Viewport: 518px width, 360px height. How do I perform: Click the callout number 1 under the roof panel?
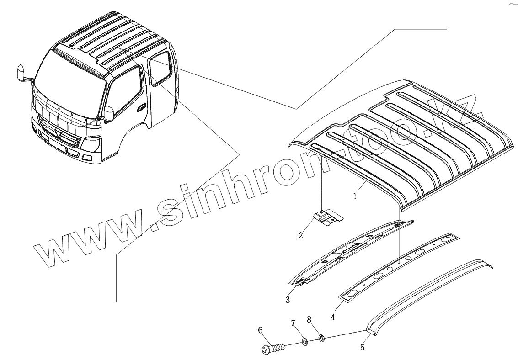point(354,197)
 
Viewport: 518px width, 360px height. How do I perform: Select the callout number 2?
point(300,235)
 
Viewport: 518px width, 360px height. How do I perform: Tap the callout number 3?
point(288,300)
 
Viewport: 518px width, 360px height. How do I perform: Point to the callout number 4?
point(332,317)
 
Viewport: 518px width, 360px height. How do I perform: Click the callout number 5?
point(363,348)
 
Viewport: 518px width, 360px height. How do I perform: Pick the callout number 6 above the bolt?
point(260,330)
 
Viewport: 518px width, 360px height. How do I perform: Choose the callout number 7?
point(293,323)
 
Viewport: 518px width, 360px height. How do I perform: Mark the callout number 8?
point(309,319)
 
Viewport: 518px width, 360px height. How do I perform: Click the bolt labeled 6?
point(273,349)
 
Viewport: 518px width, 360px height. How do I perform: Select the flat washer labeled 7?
point(304,342)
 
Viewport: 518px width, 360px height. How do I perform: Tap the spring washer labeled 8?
point(321,339)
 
